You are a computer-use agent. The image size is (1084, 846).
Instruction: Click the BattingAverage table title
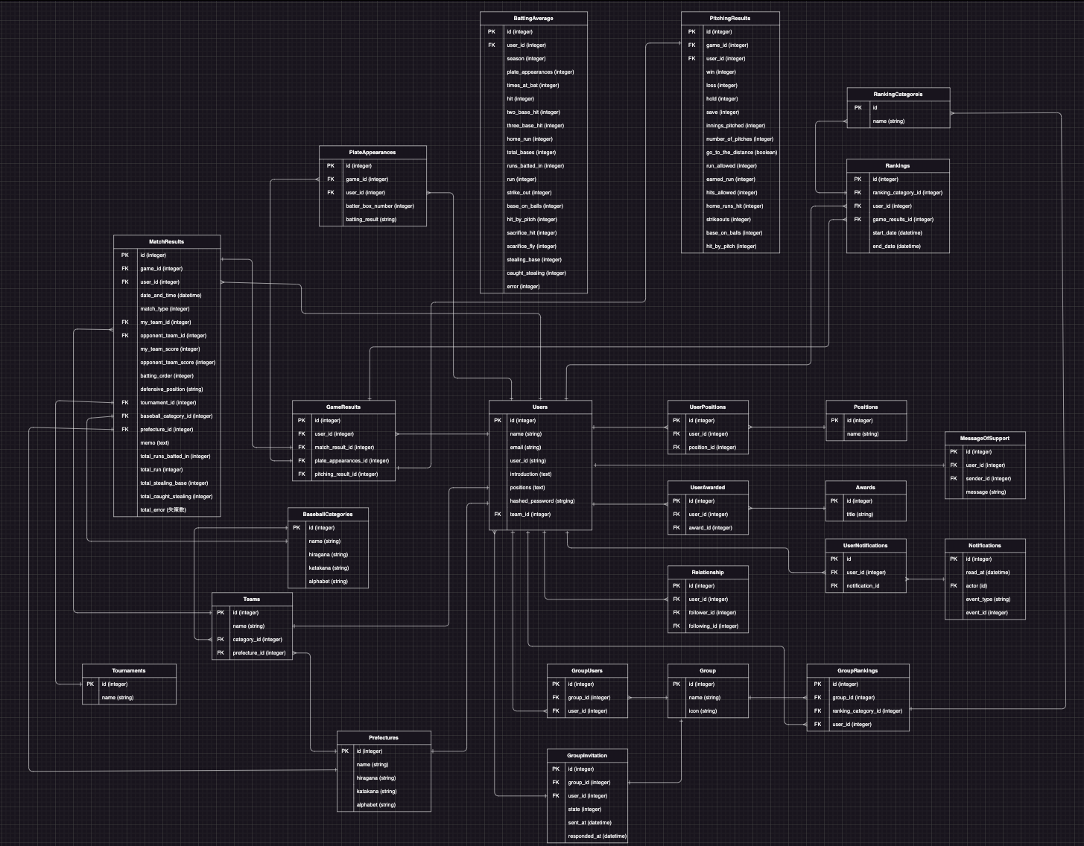tap(533, 18)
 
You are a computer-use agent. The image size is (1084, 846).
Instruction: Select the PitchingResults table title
tap(730, 18)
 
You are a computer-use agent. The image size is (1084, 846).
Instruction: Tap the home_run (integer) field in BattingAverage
tap(530, 139)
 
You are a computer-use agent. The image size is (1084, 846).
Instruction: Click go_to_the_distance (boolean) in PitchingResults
tap(741, 153)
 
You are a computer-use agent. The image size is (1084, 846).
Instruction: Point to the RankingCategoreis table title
tap(898, 95)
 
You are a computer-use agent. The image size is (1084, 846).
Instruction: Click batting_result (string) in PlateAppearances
tap(371, 220)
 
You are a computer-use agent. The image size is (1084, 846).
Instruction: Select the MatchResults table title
tap(167, 242)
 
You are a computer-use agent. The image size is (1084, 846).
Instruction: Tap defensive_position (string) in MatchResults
tap(171, 389)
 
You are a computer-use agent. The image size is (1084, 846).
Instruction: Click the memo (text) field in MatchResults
tap(154, 443)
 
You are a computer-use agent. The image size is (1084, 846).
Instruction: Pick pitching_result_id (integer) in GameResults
tap(346, 474)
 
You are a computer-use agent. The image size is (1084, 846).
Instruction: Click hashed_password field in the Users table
tap(542, 501)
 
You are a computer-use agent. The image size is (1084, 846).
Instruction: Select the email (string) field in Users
tap(525, 448)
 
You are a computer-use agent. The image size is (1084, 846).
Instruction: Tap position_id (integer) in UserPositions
tap(712, 448)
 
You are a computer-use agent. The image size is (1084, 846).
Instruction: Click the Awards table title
tap(865, 488)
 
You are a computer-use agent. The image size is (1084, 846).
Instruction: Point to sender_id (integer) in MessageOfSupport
tap(988, 479)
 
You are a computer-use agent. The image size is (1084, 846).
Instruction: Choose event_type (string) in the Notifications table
tap(988, 599)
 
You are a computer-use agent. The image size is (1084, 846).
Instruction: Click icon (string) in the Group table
tap(703, 711)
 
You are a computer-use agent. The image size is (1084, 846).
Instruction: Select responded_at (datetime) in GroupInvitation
tap(597, 836)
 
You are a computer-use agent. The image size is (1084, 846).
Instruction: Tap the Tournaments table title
tap(129, 671)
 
